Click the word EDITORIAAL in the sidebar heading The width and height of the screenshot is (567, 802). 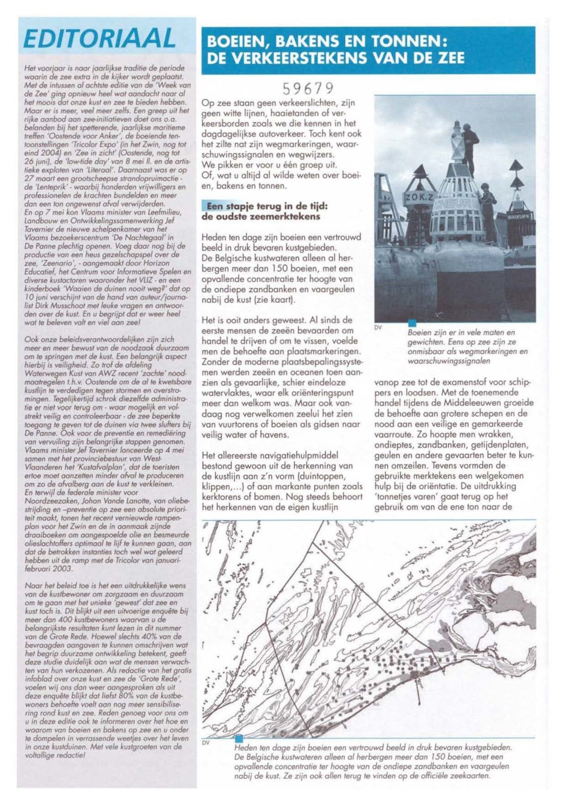(100, 39)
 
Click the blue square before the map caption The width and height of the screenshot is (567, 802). (239, 738)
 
